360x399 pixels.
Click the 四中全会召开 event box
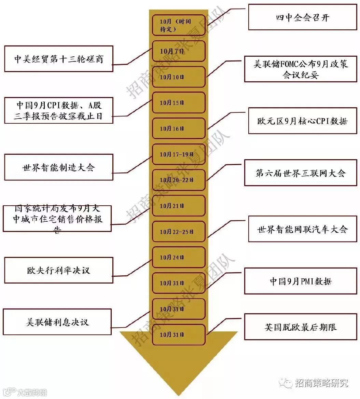click(303, 17)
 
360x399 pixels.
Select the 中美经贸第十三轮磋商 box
click(59, 59)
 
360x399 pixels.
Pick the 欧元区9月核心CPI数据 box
click(303, 121)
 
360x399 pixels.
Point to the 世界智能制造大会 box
click(59, 167)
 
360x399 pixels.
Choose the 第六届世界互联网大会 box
click(301, 173)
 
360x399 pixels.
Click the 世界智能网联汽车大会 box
click(303, 229)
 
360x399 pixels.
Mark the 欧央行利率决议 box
click(59, 270)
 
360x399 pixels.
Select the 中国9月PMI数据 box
click(301, 281)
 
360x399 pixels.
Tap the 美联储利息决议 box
click(57, 322)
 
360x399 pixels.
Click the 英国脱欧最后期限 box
click(301, 327)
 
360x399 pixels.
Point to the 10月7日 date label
click(179, 51)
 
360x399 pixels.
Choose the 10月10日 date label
click(179, 77)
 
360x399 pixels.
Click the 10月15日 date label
click(179, 102)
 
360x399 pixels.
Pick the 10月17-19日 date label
click(179, 154)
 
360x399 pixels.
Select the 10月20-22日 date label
click(179, 180)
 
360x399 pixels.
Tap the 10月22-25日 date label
click(179, 232)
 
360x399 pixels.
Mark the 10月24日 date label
click(179, 257)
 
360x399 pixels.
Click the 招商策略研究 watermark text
click(321, 383)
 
